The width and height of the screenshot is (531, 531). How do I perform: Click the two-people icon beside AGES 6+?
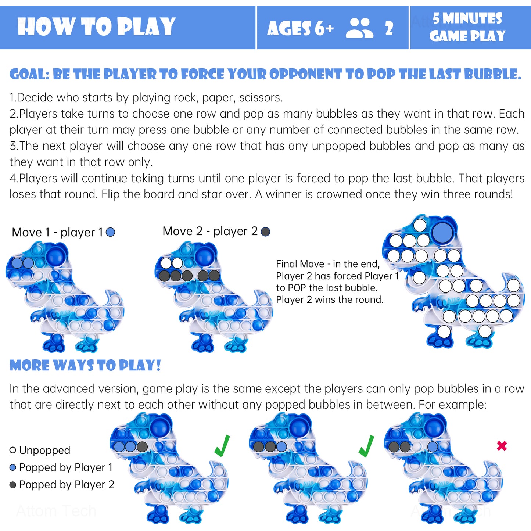[360, 28]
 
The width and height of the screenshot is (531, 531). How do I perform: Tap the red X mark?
[502, 446]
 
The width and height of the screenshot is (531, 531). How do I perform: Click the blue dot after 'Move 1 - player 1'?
[111, 232]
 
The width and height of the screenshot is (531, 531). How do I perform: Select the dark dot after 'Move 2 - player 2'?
[265, 232]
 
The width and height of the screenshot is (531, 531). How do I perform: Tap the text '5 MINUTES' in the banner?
[467, 18]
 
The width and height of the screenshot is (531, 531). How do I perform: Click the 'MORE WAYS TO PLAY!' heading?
[85, 365]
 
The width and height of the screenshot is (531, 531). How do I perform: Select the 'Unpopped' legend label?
[44, 450]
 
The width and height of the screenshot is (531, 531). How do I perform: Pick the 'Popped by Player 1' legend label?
[66, 467]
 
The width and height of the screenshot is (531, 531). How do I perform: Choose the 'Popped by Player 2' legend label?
[67, 484]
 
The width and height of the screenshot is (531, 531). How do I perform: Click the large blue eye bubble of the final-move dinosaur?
[442, 232]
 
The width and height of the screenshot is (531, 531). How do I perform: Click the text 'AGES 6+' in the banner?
[300, 28]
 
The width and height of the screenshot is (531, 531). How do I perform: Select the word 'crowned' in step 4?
[337, 194]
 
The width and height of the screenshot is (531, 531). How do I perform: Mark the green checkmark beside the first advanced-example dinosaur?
[222, 446]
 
